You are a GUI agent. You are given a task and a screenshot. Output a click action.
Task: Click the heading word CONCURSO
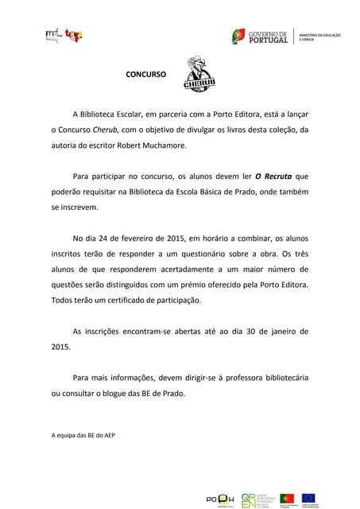pos(146,74)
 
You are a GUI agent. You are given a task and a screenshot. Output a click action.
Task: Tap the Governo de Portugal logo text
pos(268,36)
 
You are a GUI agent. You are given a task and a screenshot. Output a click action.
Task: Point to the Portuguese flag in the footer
pos(287,499)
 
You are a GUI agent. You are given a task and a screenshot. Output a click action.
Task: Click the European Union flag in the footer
pos(308,499)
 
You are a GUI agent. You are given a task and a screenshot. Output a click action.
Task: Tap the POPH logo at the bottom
pos(219,499)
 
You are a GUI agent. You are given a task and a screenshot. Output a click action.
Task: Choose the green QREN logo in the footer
pos(249,499)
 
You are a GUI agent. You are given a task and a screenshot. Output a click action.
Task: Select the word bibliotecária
pos(278,377)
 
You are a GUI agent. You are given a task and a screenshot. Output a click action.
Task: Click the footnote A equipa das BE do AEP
pos(83,435)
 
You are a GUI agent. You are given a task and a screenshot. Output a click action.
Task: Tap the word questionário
pos(188,254)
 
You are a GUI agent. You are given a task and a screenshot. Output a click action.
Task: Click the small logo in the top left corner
pos(64,35)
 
